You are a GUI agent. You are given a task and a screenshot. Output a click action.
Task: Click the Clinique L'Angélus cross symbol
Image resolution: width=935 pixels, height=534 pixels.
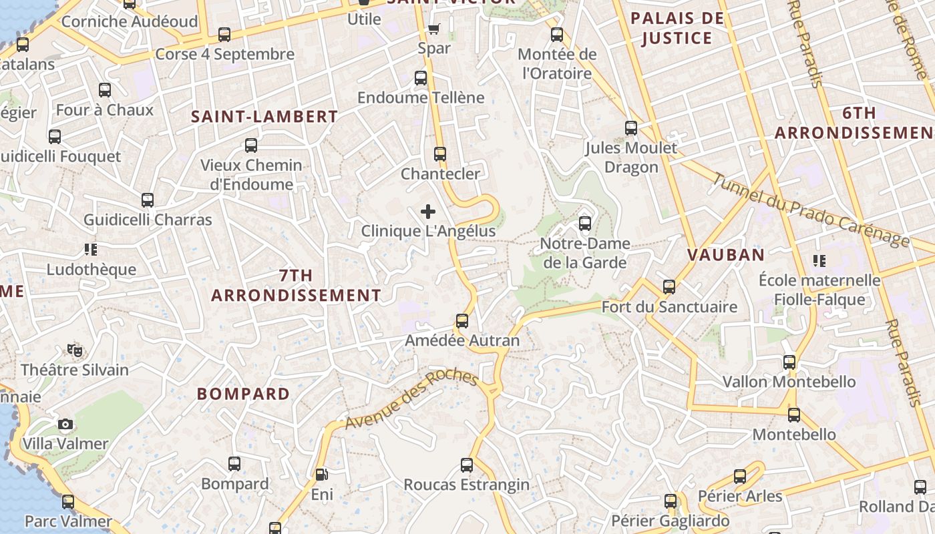(x=428, y=212)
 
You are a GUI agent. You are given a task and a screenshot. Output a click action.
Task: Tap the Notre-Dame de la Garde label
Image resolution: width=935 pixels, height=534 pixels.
(x=585, y=253)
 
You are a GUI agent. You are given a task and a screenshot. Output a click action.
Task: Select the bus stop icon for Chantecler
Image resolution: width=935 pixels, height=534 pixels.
(x=440, y=154)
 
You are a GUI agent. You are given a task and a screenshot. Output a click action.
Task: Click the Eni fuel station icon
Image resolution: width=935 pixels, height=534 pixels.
(x=321, y=475)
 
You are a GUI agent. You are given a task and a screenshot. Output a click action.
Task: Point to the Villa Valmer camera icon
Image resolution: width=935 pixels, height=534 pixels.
(x=65, y=424)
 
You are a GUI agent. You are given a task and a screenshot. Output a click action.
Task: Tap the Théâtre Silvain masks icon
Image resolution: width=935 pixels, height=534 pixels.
(x=74, y=350)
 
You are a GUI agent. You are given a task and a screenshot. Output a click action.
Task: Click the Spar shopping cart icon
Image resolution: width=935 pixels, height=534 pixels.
(x=434, y=29)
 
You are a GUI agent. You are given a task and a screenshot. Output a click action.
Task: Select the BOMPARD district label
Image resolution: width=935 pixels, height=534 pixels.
(x=244, y=394)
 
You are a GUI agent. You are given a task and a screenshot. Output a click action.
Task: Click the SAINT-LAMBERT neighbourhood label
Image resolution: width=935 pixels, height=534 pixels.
(x=264, y=117)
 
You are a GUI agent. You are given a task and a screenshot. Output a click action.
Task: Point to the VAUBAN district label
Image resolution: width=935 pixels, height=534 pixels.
(x=726, y=254)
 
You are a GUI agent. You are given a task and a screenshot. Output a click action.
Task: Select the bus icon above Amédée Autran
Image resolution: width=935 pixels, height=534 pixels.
(x=461, y=321)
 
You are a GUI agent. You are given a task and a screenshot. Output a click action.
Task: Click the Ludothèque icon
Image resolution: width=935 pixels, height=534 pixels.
(x=91, y=250)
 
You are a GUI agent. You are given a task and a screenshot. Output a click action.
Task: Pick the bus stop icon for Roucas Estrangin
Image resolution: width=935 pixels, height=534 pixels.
(x=467, y=465)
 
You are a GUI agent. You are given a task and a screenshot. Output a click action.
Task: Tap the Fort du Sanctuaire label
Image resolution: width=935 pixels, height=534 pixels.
(x=669, y=307)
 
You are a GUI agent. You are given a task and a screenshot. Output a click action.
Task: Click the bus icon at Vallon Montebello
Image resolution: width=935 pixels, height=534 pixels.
(x=789, y=362)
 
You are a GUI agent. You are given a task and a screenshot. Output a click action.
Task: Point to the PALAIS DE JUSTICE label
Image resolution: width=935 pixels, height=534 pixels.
(x=677, y=28)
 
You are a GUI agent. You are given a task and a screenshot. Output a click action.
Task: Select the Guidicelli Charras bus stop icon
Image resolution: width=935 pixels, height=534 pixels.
(x=148, y=200)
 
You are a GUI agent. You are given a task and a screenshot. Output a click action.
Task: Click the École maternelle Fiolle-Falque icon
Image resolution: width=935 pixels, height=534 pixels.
(x=819, y=260)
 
